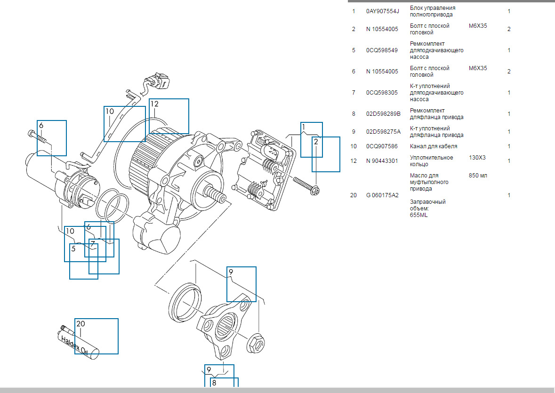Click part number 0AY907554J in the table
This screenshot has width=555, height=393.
pos(382,11)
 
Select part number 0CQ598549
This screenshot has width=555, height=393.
pos(382,50)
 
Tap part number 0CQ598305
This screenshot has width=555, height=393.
pos(382,93)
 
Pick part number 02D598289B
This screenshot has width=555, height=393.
pos(383,114)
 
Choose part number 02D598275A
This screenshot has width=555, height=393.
pos(383,132)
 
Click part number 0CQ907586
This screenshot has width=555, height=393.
pos(382,146)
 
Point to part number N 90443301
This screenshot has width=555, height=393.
pos(382,161)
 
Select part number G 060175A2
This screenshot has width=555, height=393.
pos(382,195)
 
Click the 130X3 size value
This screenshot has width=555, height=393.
pos(477,157)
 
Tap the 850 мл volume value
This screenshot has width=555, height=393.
pos(478,176)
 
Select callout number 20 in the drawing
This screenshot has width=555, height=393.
pos(80,324)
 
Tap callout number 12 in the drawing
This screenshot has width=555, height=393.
pos(154,104)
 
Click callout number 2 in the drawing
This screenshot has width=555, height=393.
pos(316,142)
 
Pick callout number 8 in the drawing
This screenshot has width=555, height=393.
pos(214,383)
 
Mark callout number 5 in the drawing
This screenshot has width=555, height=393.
pos(73,249)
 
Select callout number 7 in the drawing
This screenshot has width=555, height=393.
pos(93,244)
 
